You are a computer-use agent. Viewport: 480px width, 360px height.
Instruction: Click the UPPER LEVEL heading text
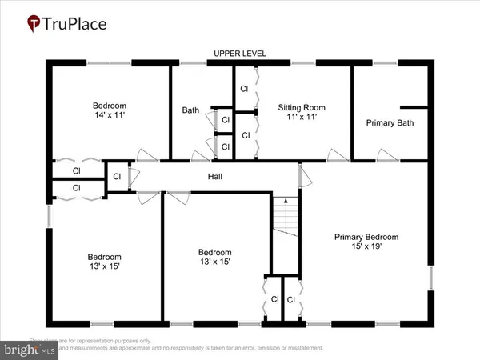240,54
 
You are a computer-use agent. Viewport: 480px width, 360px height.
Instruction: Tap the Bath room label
190,110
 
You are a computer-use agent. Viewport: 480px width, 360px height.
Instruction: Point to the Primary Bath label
390,122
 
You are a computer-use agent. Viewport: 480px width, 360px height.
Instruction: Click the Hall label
215,177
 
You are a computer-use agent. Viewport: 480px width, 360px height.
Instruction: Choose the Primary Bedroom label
366,237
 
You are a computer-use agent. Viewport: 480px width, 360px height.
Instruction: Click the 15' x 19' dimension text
366,247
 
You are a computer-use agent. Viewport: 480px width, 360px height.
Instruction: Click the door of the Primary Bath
388,155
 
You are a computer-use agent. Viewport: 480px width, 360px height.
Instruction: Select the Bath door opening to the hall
197,154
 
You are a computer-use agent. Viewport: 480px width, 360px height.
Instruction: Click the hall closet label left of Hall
117,176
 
